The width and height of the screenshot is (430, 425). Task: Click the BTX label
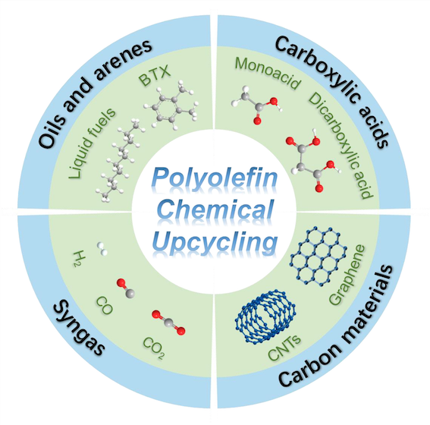coord(155,75)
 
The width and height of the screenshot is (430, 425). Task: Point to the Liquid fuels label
coord(92,143)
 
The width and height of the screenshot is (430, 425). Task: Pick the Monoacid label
coord(268,73)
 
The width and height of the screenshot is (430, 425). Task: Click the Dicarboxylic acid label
coord(341,146)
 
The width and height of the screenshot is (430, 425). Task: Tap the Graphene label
coord(347,275)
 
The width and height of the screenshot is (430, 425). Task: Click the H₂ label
coord(80,259)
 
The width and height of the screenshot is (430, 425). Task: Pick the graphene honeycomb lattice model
coord(319,257)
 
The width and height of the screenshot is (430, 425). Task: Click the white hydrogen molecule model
coord(102,249)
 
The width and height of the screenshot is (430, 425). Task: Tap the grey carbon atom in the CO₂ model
coord(168,323)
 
